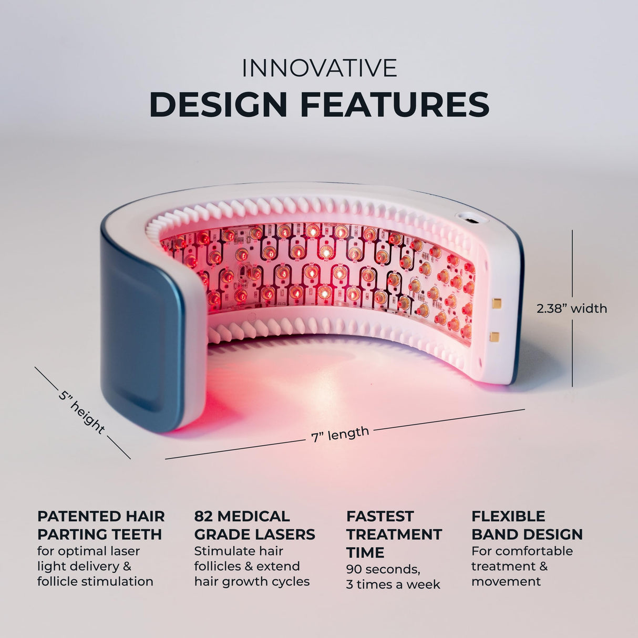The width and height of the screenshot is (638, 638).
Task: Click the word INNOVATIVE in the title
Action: (x=319, y=68)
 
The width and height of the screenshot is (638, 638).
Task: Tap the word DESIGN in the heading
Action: (x=218, y=104)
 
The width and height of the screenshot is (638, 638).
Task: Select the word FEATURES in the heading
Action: (x=395, y=104)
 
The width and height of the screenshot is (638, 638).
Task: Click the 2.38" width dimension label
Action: (x=572, y=308)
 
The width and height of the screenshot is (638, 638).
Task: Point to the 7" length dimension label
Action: (x=340, y=434)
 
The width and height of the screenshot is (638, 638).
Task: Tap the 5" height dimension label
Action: (x=81, y=411)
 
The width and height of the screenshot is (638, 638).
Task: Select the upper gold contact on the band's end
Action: (x=496, y=303)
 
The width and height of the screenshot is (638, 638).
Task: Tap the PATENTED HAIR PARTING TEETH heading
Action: (x=100, y=525)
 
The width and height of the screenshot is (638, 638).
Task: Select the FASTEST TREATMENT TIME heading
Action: (x=394, y=534)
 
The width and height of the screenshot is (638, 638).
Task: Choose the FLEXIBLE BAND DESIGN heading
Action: (x=527, y=525)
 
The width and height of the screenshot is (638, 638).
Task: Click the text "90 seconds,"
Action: (x=383, y=569)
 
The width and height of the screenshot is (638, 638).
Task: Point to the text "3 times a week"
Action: (x=393, y=584)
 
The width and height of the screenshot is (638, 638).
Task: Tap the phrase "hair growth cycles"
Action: (x=252, y=581)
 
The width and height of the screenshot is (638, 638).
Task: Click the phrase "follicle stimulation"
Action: (x=95, y=581)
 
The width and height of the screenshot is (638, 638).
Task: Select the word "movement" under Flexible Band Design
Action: (x=506, y=581)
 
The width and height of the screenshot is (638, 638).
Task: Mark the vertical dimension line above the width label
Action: (x=572, y=263)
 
